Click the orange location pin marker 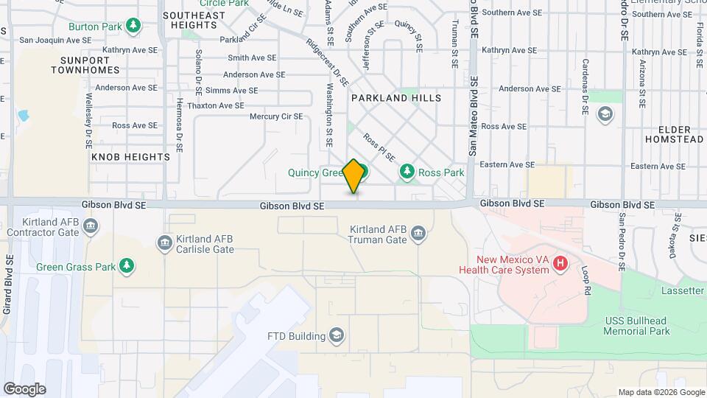(354, 176)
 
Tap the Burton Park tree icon (133, 27)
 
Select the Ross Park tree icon (407, 172)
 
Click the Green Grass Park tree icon (127, 266)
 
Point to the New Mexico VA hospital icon (560, 262)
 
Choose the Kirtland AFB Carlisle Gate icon (164, 242)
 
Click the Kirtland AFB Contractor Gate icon (91, 226)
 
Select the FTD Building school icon (337, 337)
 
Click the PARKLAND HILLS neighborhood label (396, 98)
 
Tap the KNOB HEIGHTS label (131, 157)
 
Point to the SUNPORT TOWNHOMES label (85, 64)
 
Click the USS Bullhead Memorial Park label (636, 326)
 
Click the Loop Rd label (587, 281)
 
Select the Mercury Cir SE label (276, 116)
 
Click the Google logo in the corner (24, 389)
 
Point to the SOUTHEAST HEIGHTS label (194, 20)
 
